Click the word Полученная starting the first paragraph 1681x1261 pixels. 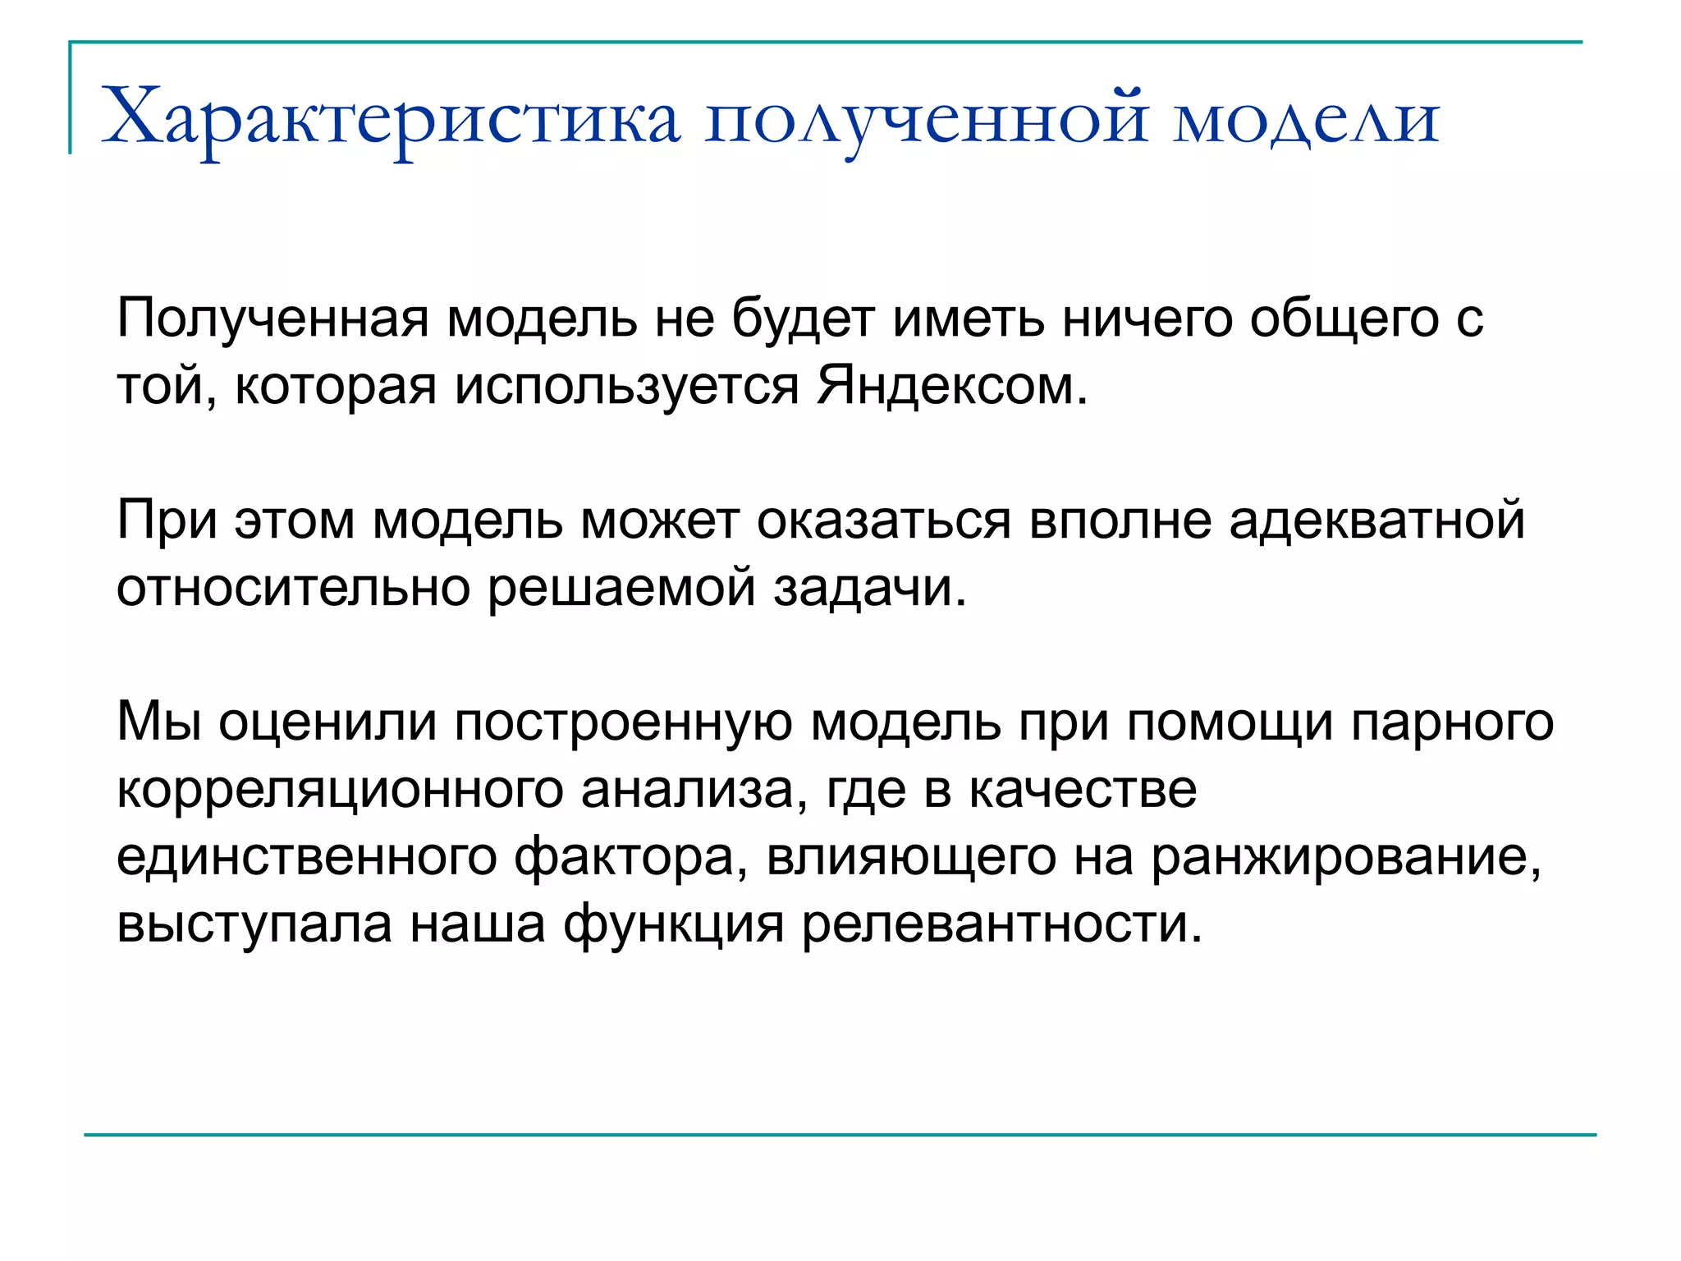pos(273,319)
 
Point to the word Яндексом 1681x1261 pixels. pos(952,386)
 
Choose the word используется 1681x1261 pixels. pos(627,386)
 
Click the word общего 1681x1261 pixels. pos(1344,319)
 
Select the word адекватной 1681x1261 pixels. pos(1376,520)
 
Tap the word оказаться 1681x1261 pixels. pos(883,520)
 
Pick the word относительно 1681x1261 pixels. pos(292,588)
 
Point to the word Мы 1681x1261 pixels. pos(159,722)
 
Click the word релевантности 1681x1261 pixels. pos(1001,924)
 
